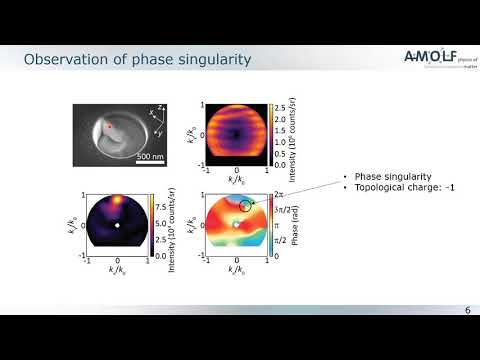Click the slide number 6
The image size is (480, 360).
pos(466,312)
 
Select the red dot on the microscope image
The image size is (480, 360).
pos(112,127)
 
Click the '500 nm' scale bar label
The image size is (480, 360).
pos(151,157)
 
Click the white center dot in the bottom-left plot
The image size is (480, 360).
pos(118,225)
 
